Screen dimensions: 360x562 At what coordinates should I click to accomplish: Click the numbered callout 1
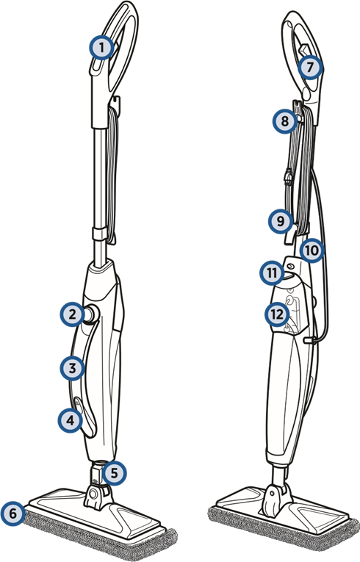click(x=102, y=47)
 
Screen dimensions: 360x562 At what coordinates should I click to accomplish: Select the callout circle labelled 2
click(x=73, y=314)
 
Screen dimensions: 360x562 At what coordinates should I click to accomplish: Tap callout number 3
click(x=73, y=368)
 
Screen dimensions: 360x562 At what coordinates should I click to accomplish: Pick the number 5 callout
click(x=114, y=473)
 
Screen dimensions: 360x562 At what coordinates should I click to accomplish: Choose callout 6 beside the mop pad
click(x=13, y=514)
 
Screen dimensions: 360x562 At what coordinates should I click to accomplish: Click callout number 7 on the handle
click(x=311, y=67)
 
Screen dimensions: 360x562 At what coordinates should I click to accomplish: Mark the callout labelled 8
click(x=285, y=121)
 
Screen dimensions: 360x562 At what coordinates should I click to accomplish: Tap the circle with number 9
click(x=281, y=221)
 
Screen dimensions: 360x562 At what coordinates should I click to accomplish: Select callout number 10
click(x=312, y=251)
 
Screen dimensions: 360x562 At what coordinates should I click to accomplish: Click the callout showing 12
click(x=277, y=314)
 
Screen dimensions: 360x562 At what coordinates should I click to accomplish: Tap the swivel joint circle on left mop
click(x=93, y=494)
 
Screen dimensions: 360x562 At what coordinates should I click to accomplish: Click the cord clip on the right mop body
click(x=309, y=339)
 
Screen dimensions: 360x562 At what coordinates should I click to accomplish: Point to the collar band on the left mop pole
click(x=99, y=234)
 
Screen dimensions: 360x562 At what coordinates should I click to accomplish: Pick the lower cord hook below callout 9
click(x=290, y=237)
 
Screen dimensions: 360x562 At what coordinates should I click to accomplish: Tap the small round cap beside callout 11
click(x=290, y=266)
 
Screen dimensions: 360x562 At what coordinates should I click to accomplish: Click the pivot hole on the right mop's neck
click(x=272, y=494)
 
